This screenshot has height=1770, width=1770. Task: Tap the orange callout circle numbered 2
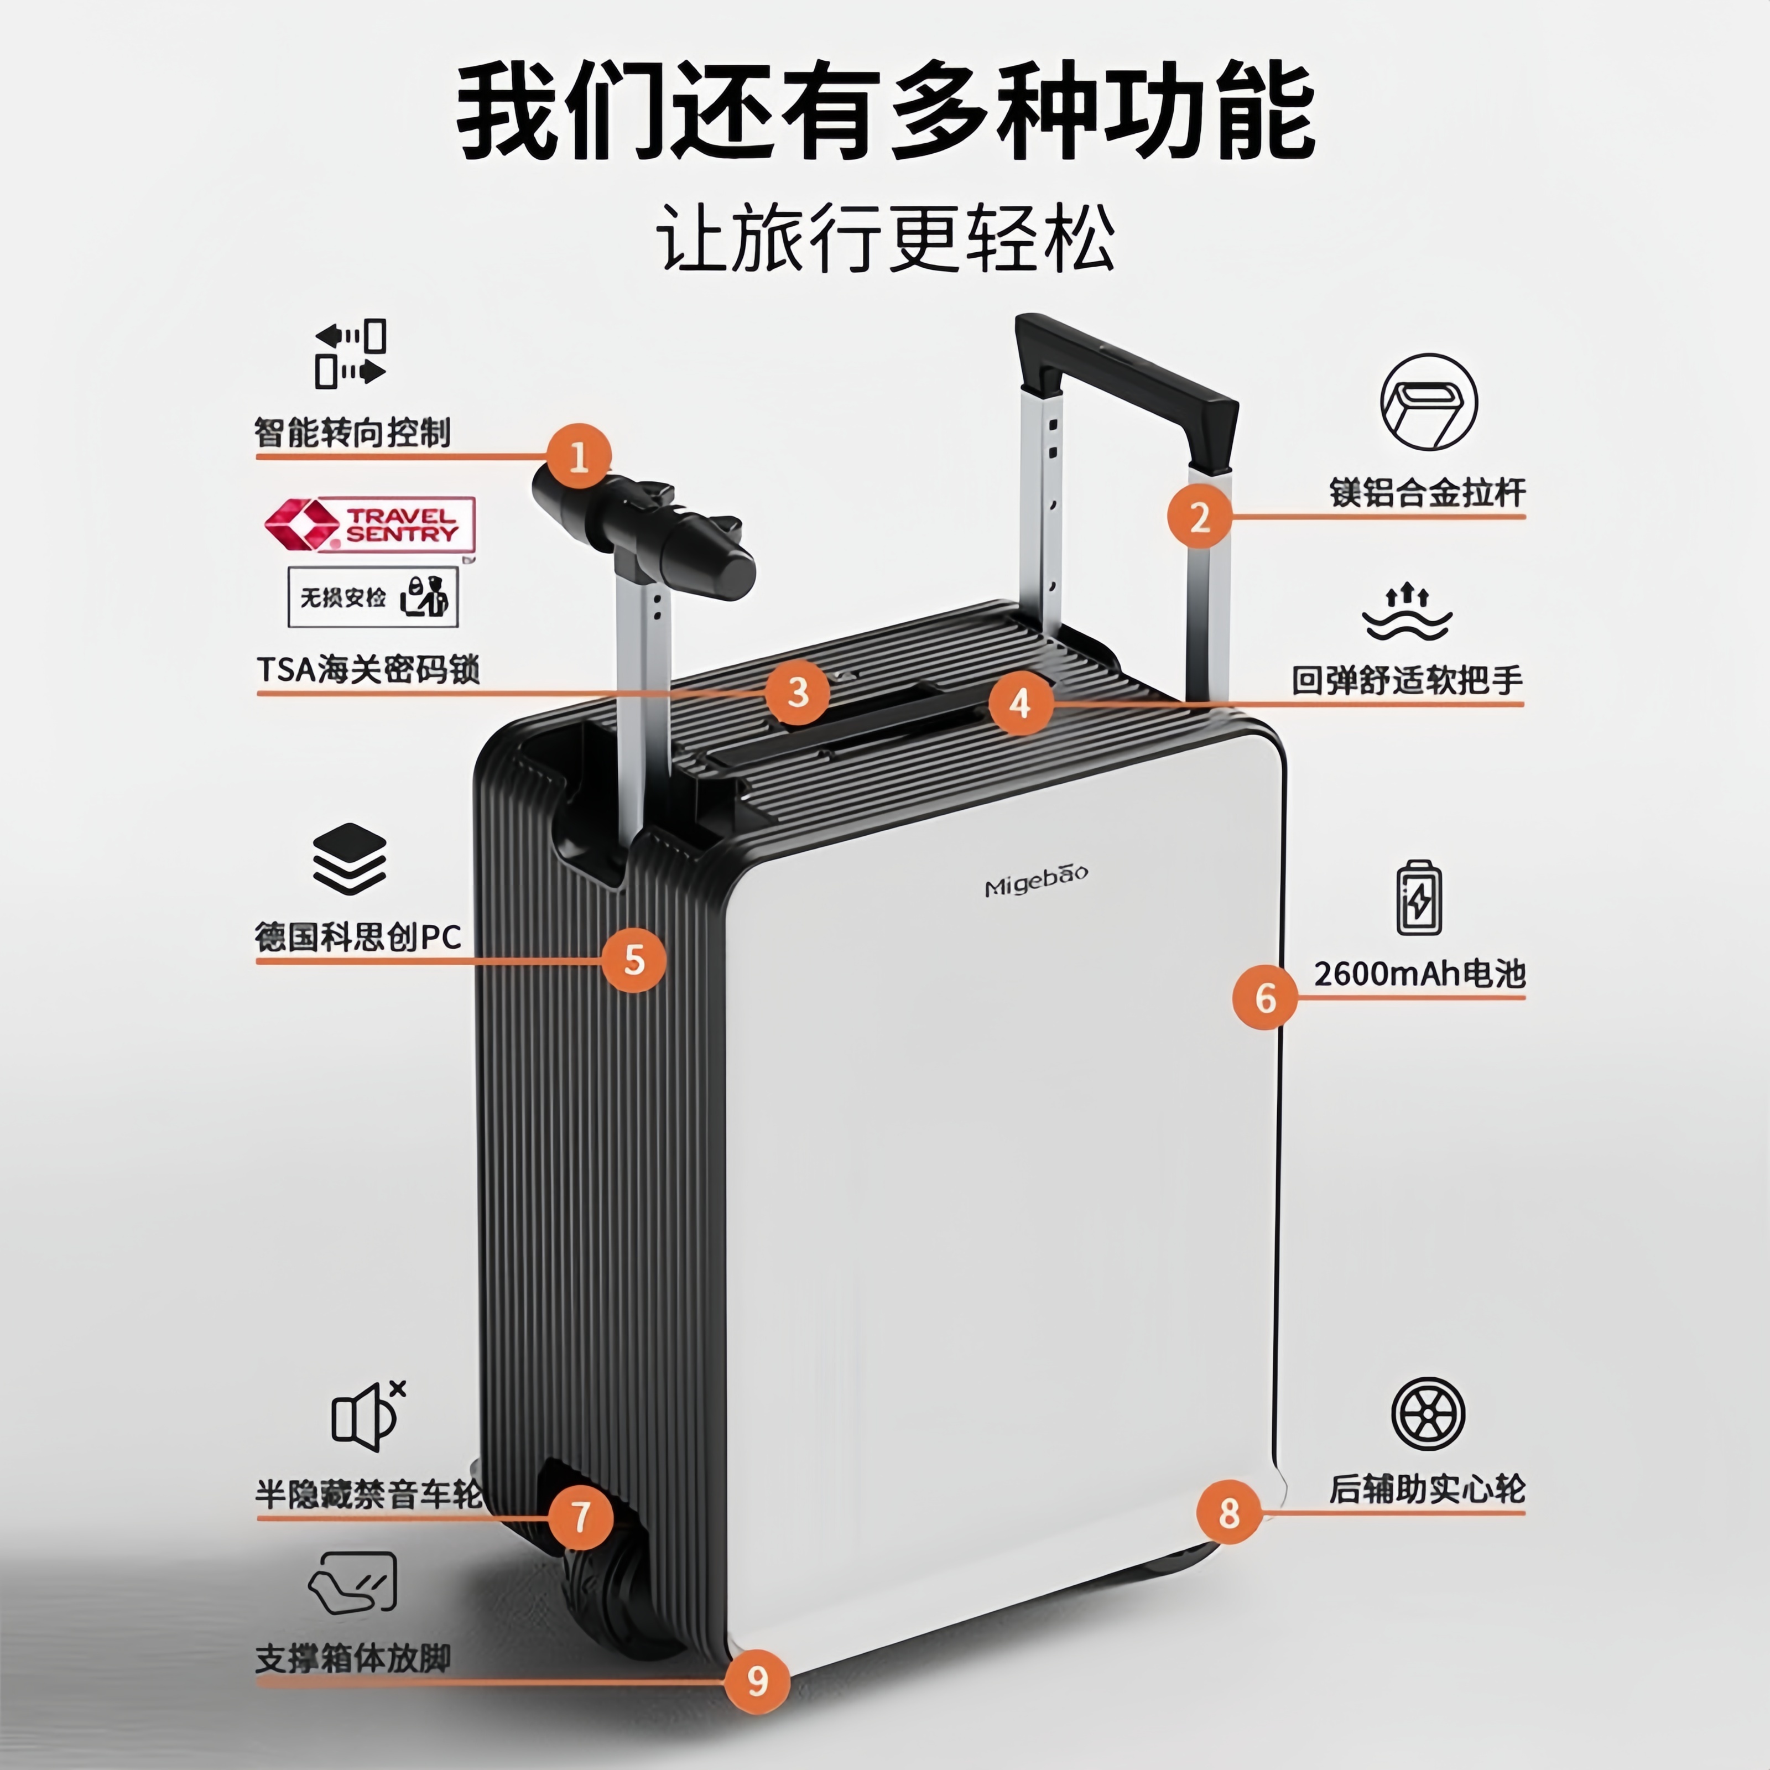coord(1199,518)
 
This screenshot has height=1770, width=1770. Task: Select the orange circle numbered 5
coord(634,960)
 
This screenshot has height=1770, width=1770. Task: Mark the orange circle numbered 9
coord(757,1681)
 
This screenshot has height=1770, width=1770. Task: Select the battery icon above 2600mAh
coord(1418,898)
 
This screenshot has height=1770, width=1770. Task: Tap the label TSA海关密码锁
coord(367,670)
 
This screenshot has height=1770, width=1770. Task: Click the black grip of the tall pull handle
coord(1127,376)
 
